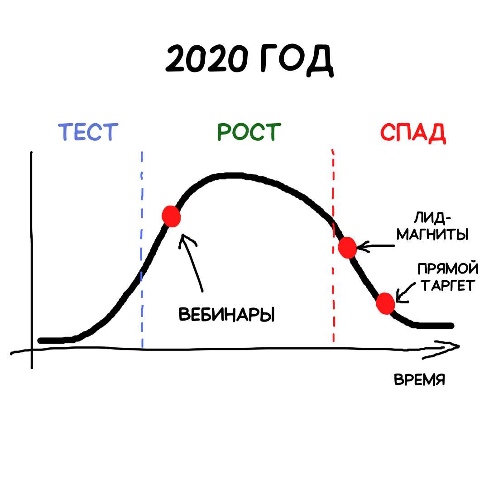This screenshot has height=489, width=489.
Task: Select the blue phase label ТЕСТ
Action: pos(88,132)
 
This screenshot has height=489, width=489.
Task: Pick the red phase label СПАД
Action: pos(413,133)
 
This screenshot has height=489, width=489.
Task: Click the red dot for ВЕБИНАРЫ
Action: pos(172,216)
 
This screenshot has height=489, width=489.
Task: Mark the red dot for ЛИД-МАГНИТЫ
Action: pos(348,247)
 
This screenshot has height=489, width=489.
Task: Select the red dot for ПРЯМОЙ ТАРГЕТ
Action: pos(385,303)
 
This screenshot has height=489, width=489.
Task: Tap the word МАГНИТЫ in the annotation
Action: pos(439,235)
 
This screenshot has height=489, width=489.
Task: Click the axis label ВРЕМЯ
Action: pos(419,379)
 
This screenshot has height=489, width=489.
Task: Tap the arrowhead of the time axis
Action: pos(451,348)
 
